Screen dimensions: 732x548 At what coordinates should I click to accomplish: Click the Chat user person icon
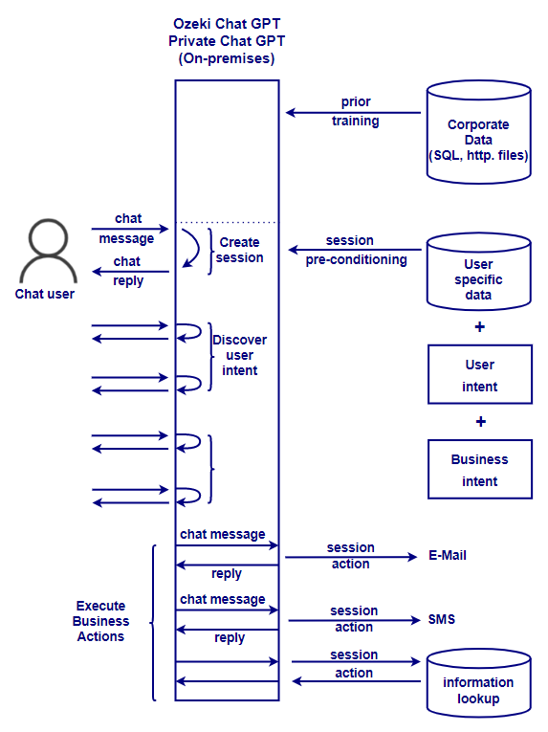[52, 250]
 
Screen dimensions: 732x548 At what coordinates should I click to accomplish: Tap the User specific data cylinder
[478, 273]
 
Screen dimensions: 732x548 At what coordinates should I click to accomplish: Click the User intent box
[479, 375]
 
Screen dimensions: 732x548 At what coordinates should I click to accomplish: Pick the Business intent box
[479, 470]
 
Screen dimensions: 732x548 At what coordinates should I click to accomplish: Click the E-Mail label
[447, 555]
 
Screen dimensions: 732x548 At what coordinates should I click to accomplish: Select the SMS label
[441, 619]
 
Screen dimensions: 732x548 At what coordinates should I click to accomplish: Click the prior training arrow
[353, 113]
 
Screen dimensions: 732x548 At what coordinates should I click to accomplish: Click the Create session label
[241, 250]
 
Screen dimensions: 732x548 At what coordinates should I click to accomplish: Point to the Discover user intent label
[239, 355]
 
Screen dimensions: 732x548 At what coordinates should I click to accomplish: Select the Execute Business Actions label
[101, 621]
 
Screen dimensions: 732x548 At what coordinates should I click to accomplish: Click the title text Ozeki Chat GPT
[226, 23]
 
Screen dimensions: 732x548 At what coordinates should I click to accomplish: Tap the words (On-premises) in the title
[226, 58]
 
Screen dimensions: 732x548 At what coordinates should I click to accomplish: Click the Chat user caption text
[45, 294]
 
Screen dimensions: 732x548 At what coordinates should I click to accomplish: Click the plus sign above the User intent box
[479, 327]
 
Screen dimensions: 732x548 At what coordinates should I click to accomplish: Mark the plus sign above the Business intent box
[480, 421]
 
